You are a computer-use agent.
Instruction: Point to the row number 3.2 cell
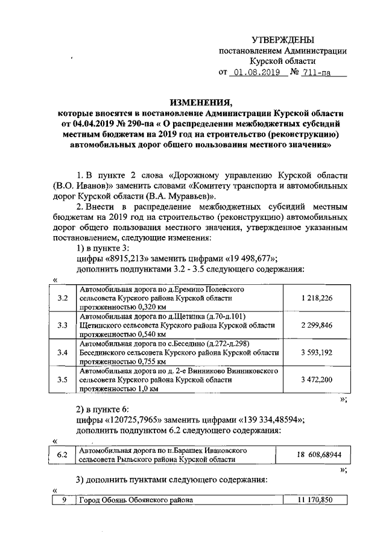pyautogui.click(x=62, y=298)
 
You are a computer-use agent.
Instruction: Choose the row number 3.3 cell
pyautogui.click(x=62, y=326)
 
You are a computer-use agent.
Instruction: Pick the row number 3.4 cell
pyautogui.click(x=62, y=353)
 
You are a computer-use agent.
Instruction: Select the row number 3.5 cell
pyautogui.click(x=62, y=379)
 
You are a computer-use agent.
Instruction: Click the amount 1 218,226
pyautogui.click(x=316, y=298)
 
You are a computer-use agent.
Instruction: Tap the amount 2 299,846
pyautogui.click(x=316, y=326)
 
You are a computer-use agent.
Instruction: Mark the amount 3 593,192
pyautogui.click(x=316, y=353)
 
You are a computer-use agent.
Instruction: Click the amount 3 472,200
pyautogui.click(x=316, y=379)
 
